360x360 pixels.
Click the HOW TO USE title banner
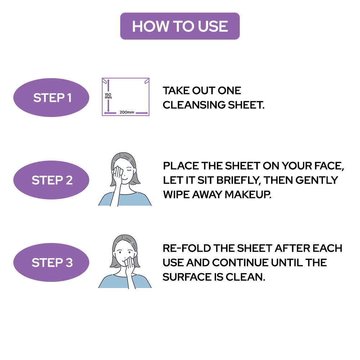point(180,26)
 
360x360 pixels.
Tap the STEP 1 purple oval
point(51,98)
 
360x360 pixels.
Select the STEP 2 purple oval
point(51,180)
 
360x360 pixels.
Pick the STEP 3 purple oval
point(51,262)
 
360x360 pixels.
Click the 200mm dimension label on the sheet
point(127,112)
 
